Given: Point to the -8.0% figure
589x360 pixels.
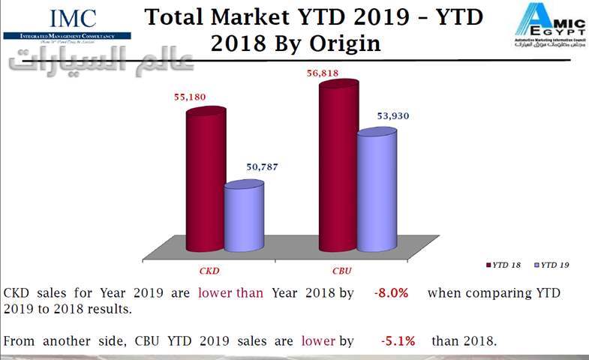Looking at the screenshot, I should click(x=391, y=293).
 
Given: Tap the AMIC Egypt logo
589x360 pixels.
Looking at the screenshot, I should click(x=546, y=24).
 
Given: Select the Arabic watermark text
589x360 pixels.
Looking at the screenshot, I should click(x=101, y=64).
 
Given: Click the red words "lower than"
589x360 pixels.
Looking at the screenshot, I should click(x=230, y=293).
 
